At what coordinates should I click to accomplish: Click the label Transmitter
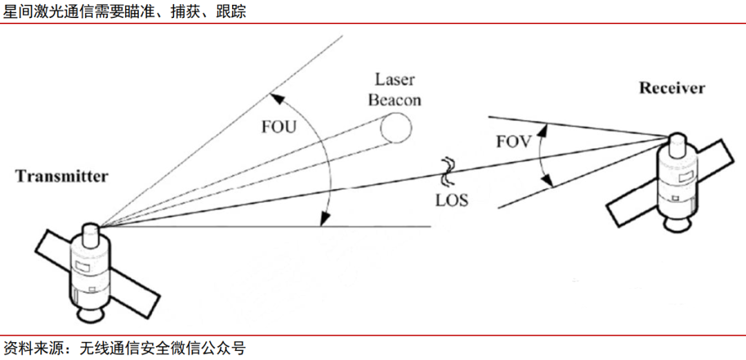61,176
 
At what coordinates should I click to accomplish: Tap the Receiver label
671,88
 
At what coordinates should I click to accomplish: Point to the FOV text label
513,142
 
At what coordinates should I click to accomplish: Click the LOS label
452,200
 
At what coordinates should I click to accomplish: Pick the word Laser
394,79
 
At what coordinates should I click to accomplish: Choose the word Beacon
394,100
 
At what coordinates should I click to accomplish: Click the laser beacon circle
396,127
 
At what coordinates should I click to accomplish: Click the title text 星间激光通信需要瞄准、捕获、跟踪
125,12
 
